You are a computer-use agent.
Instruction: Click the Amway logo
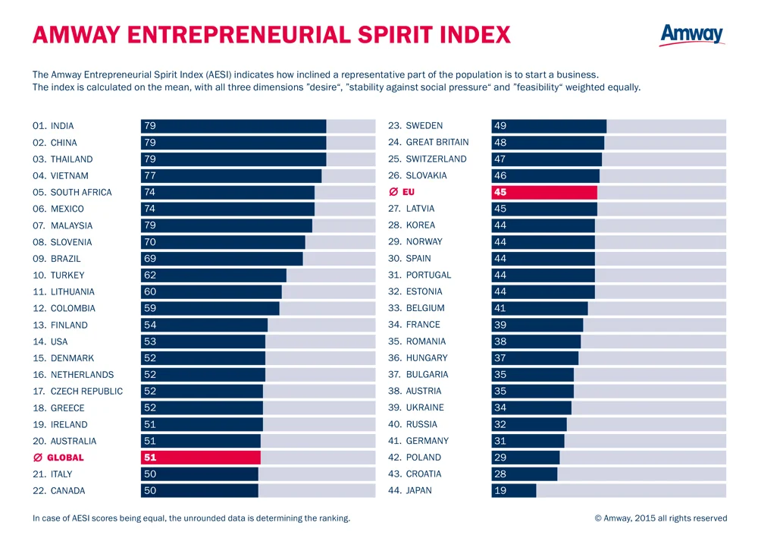[x=692, y=35]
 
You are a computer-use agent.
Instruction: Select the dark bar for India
[x=233, y=126]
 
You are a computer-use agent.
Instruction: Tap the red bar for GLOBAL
[x=201, y=458]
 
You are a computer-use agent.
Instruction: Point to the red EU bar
[x=544, y=192]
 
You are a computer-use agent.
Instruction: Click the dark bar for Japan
[x=514, y=490]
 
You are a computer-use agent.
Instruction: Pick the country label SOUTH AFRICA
[x=81, y=192]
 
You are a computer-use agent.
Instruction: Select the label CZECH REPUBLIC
[x=87, y=392]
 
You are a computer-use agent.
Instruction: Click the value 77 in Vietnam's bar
[x=150, y=176]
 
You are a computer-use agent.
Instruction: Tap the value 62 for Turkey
[x=150, y=275]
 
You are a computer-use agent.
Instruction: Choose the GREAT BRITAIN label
[x=437, y=143]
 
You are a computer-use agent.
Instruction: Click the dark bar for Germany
[x=528, y=441]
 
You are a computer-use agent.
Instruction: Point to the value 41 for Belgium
[x=500, y=308]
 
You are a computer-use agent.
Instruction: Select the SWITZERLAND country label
[x=437, y=159]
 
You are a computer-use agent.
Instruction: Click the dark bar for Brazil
[x=222, y=259]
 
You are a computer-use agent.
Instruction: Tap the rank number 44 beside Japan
[x=394, y=490]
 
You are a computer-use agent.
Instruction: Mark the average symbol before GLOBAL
[x=38, y=458]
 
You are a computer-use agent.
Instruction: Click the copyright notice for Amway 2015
[x=661, y=518]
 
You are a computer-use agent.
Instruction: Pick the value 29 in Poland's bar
[x=500, y=458]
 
